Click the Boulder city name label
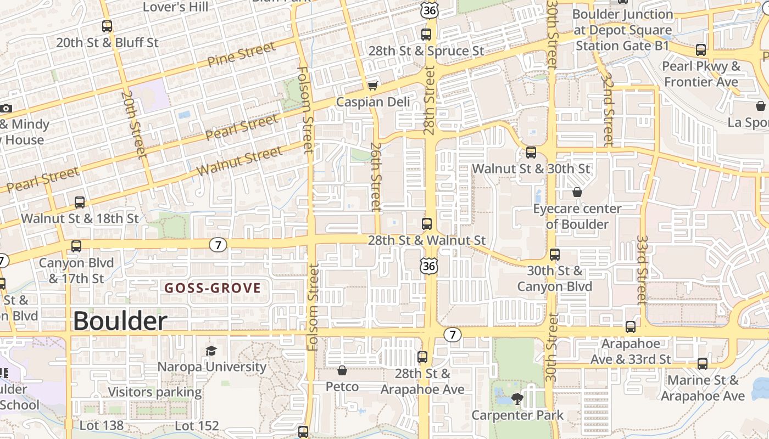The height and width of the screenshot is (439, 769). point(120,321)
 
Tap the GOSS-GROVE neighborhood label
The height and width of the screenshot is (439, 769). point(213,288)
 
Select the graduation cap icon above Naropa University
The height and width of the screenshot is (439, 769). point(211,351)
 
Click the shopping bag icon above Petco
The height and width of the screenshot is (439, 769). point(342,371)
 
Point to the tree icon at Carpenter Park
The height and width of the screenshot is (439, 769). point(517,398)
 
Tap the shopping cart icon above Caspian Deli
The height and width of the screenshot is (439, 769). point(373,86)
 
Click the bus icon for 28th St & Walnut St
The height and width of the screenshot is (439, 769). point(427,224)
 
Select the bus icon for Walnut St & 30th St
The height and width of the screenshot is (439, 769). point(531,153)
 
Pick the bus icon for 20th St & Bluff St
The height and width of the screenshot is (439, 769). point(107,26)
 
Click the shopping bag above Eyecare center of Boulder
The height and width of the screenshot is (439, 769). point(577,192)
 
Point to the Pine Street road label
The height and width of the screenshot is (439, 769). point(241,54)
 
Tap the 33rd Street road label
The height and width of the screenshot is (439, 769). point(642,270)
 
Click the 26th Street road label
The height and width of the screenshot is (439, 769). point(376,177)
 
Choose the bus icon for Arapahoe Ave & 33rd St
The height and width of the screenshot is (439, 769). point(630,327)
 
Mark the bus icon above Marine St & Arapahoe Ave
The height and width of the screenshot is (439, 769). point(702,363)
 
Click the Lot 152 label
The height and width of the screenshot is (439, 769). point(197,425)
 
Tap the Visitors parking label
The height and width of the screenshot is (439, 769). point(155,392)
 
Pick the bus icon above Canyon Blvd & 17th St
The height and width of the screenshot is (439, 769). point(76,246)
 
